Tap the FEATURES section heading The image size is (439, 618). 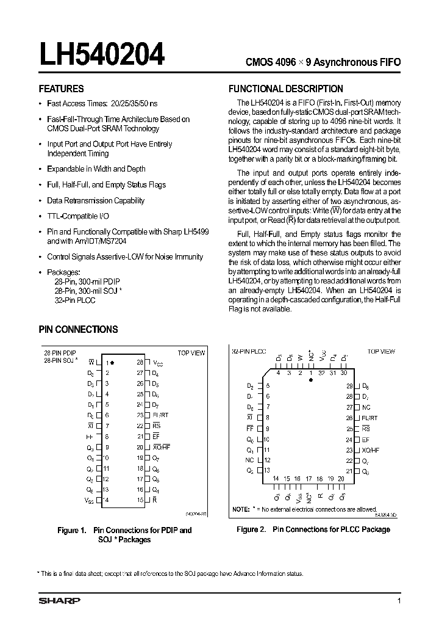61,89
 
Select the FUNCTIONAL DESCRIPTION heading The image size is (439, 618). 285,89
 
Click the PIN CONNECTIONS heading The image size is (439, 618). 78,329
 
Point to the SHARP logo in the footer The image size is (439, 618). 59,601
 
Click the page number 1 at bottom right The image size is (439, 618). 398,601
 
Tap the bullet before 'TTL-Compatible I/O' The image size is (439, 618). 40,216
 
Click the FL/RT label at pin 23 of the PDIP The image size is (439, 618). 160,415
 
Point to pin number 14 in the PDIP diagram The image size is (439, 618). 106,500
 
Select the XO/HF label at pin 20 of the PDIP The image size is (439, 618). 161,447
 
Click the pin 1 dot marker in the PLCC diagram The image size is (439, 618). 311,379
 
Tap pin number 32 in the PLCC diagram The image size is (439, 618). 322,372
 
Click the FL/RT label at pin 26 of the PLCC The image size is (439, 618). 370,418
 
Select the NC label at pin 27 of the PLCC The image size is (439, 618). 366,407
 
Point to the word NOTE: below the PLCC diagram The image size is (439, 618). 241,509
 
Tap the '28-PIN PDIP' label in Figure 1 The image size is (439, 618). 60,353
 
